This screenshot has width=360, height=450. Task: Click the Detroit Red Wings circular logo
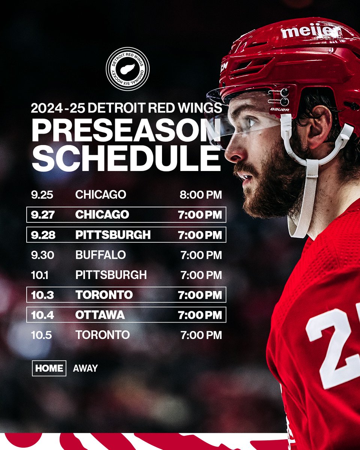pos(127,69)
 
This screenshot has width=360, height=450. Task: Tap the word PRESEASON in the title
pos(126,129)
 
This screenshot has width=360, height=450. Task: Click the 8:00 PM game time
pos(201,195)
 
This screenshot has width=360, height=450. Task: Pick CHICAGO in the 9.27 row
pos(102,214)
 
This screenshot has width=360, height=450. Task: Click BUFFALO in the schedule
pos(100,255)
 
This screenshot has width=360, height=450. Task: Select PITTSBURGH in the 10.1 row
pos(111,275)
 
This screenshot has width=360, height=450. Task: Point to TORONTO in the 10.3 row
pos(104,295)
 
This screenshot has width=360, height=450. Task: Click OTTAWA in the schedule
pos(100,315)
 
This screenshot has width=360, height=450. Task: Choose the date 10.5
pos(42,335)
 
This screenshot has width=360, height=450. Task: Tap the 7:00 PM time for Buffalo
pos(201,255)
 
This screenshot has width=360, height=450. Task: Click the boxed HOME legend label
pos(49,368)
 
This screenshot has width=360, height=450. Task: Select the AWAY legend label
pos(85,368)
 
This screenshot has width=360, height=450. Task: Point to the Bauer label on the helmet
pos(279,109)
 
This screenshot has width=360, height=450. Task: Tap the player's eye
pos(250,123)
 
